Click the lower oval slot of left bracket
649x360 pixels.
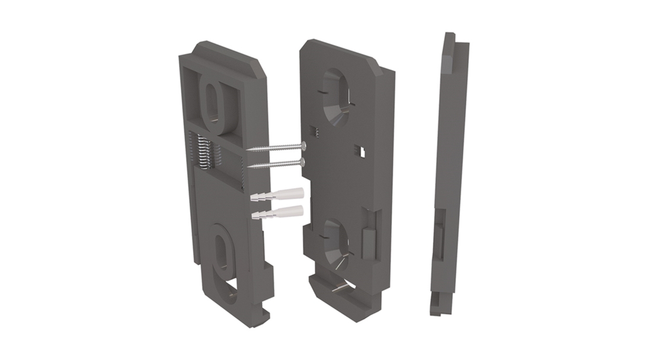point(223,256)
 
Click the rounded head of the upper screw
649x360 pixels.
point(303,144)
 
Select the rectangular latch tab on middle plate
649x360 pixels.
point(367,240)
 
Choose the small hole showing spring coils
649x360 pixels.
point(314,134)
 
